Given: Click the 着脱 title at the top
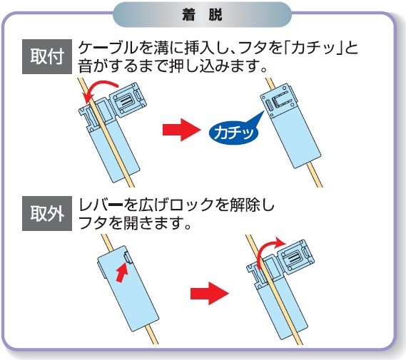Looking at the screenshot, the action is click(202, 15).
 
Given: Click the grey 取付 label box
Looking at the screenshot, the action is click(47, 56).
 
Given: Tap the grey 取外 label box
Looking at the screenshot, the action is click(47, 213).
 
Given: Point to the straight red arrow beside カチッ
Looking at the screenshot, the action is click(182, 130).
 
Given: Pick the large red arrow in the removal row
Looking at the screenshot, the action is click(210, 293).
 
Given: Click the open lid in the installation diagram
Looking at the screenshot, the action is click(128, 100).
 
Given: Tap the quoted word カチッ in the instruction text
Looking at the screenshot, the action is click(313, 48).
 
